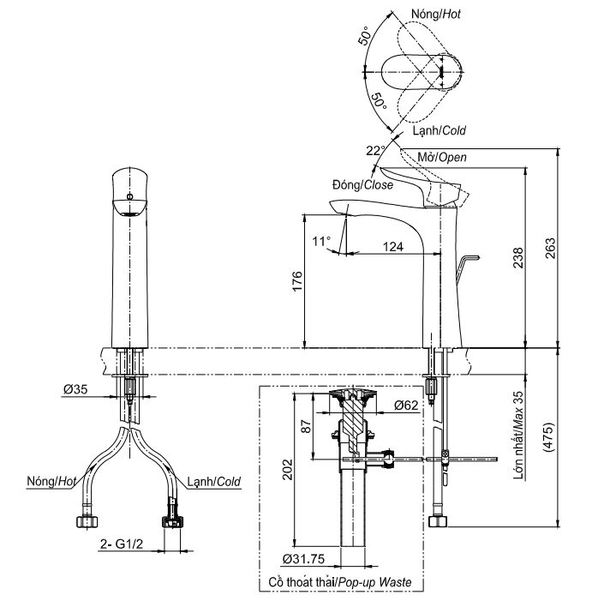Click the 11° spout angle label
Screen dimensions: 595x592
coord(320,241)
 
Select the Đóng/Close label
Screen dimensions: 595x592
coord(362,184)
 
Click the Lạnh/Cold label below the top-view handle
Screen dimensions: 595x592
coord(440,130)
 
